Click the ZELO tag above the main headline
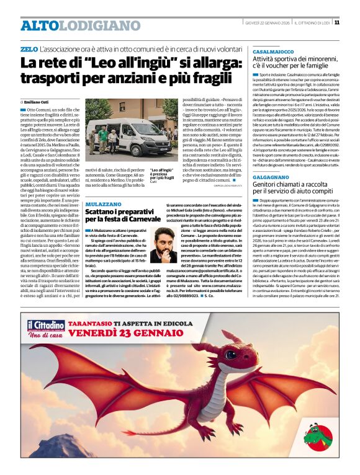pyautogui.click(x=29, y=49)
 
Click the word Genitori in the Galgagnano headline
pyautogui.click(x=268, y=203)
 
